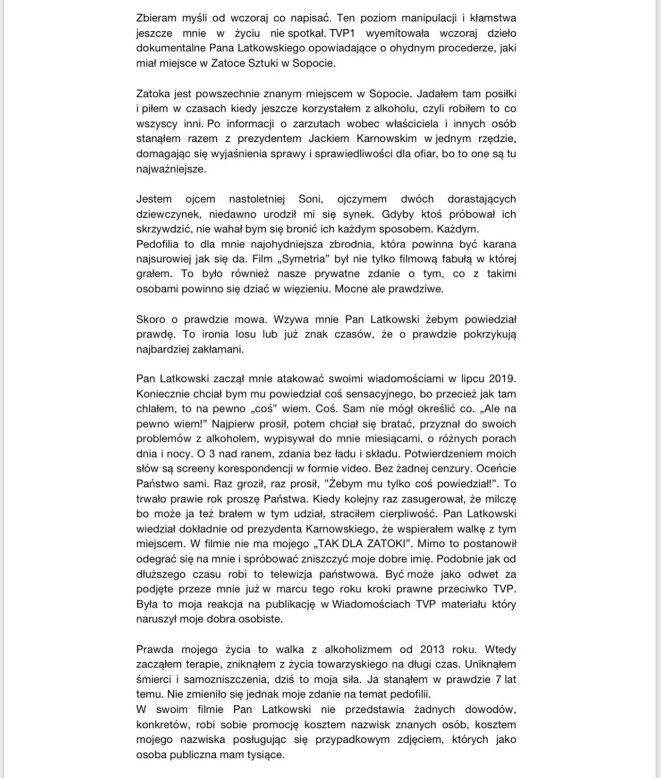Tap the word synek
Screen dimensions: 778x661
[x=358, y=214]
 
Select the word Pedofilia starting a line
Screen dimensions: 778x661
[x=158, y=244]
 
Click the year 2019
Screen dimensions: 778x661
[x=502, y=378]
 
